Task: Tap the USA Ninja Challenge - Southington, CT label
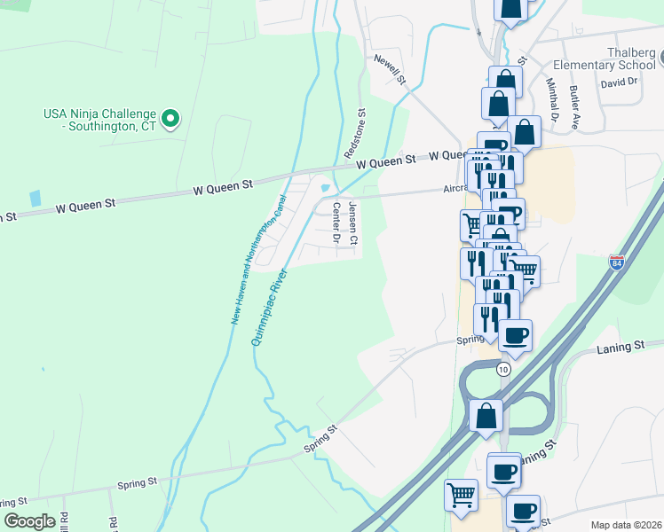pyautogui.click(x=99, y=120)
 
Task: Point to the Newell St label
pyautogui.click(x=389, y=69)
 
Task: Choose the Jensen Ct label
pyautogui.click(x=352, y=223)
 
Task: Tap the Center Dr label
pyautogui.click(x=336, y=223)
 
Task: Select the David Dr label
pyautogui.click(x=619, y=82)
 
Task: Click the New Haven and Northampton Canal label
pyautogui.click(x=258, y=258)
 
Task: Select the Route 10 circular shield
pyautogui.click(x=503, y=369)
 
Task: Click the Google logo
pyautogui.click(x=29, y=521)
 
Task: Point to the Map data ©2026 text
pyautogui.click(x=626, y=525)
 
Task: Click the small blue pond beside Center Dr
pyautogui.click(x=325, y=188)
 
